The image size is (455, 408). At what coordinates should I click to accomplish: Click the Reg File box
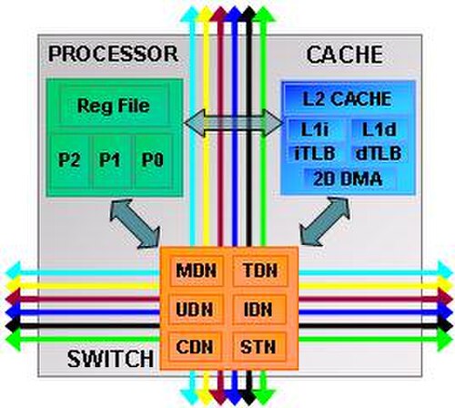(x=114, y=105)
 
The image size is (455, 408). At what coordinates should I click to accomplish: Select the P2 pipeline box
(x=69, y=161)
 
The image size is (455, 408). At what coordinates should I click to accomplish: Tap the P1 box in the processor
(x=111, y=161)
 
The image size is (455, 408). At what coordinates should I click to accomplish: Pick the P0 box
(x=153, y=161)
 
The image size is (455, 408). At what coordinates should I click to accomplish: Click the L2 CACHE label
(x=347, y=99)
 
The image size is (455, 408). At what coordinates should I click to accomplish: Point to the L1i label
(x=315, y=130)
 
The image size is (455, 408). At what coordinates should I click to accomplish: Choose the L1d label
(x=379, y=130)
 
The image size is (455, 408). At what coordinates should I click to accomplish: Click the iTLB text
(x=315, y=153)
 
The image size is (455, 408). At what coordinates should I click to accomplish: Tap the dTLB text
(x=379, y=153)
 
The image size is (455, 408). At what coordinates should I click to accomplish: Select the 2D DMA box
(x=348, y=179)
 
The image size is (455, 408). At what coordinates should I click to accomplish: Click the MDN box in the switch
(x=197, y=270)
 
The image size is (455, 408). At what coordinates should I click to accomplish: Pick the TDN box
(x=260, y=270)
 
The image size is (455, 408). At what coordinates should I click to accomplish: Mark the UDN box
(x=196, y=310)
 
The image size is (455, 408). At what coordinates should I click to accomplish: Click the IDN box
(x=258, y=310)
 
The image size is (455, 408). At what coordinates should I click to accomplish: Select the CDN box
(x=195, y=347)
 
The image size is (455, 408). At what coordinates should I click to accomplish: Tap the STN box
(x=258, y=347)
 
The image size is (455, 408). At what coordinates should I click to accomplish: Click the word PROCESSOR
(x=113, y=54)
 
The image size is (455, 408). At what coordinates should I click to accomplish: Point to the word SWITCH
(x=110, y=359)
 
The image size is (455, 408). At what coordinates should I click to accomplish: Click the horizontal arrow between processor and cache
(x=233, y=123)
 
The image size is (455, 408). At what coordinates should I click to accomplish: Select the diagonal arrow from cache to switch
(x=325, y=221)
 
